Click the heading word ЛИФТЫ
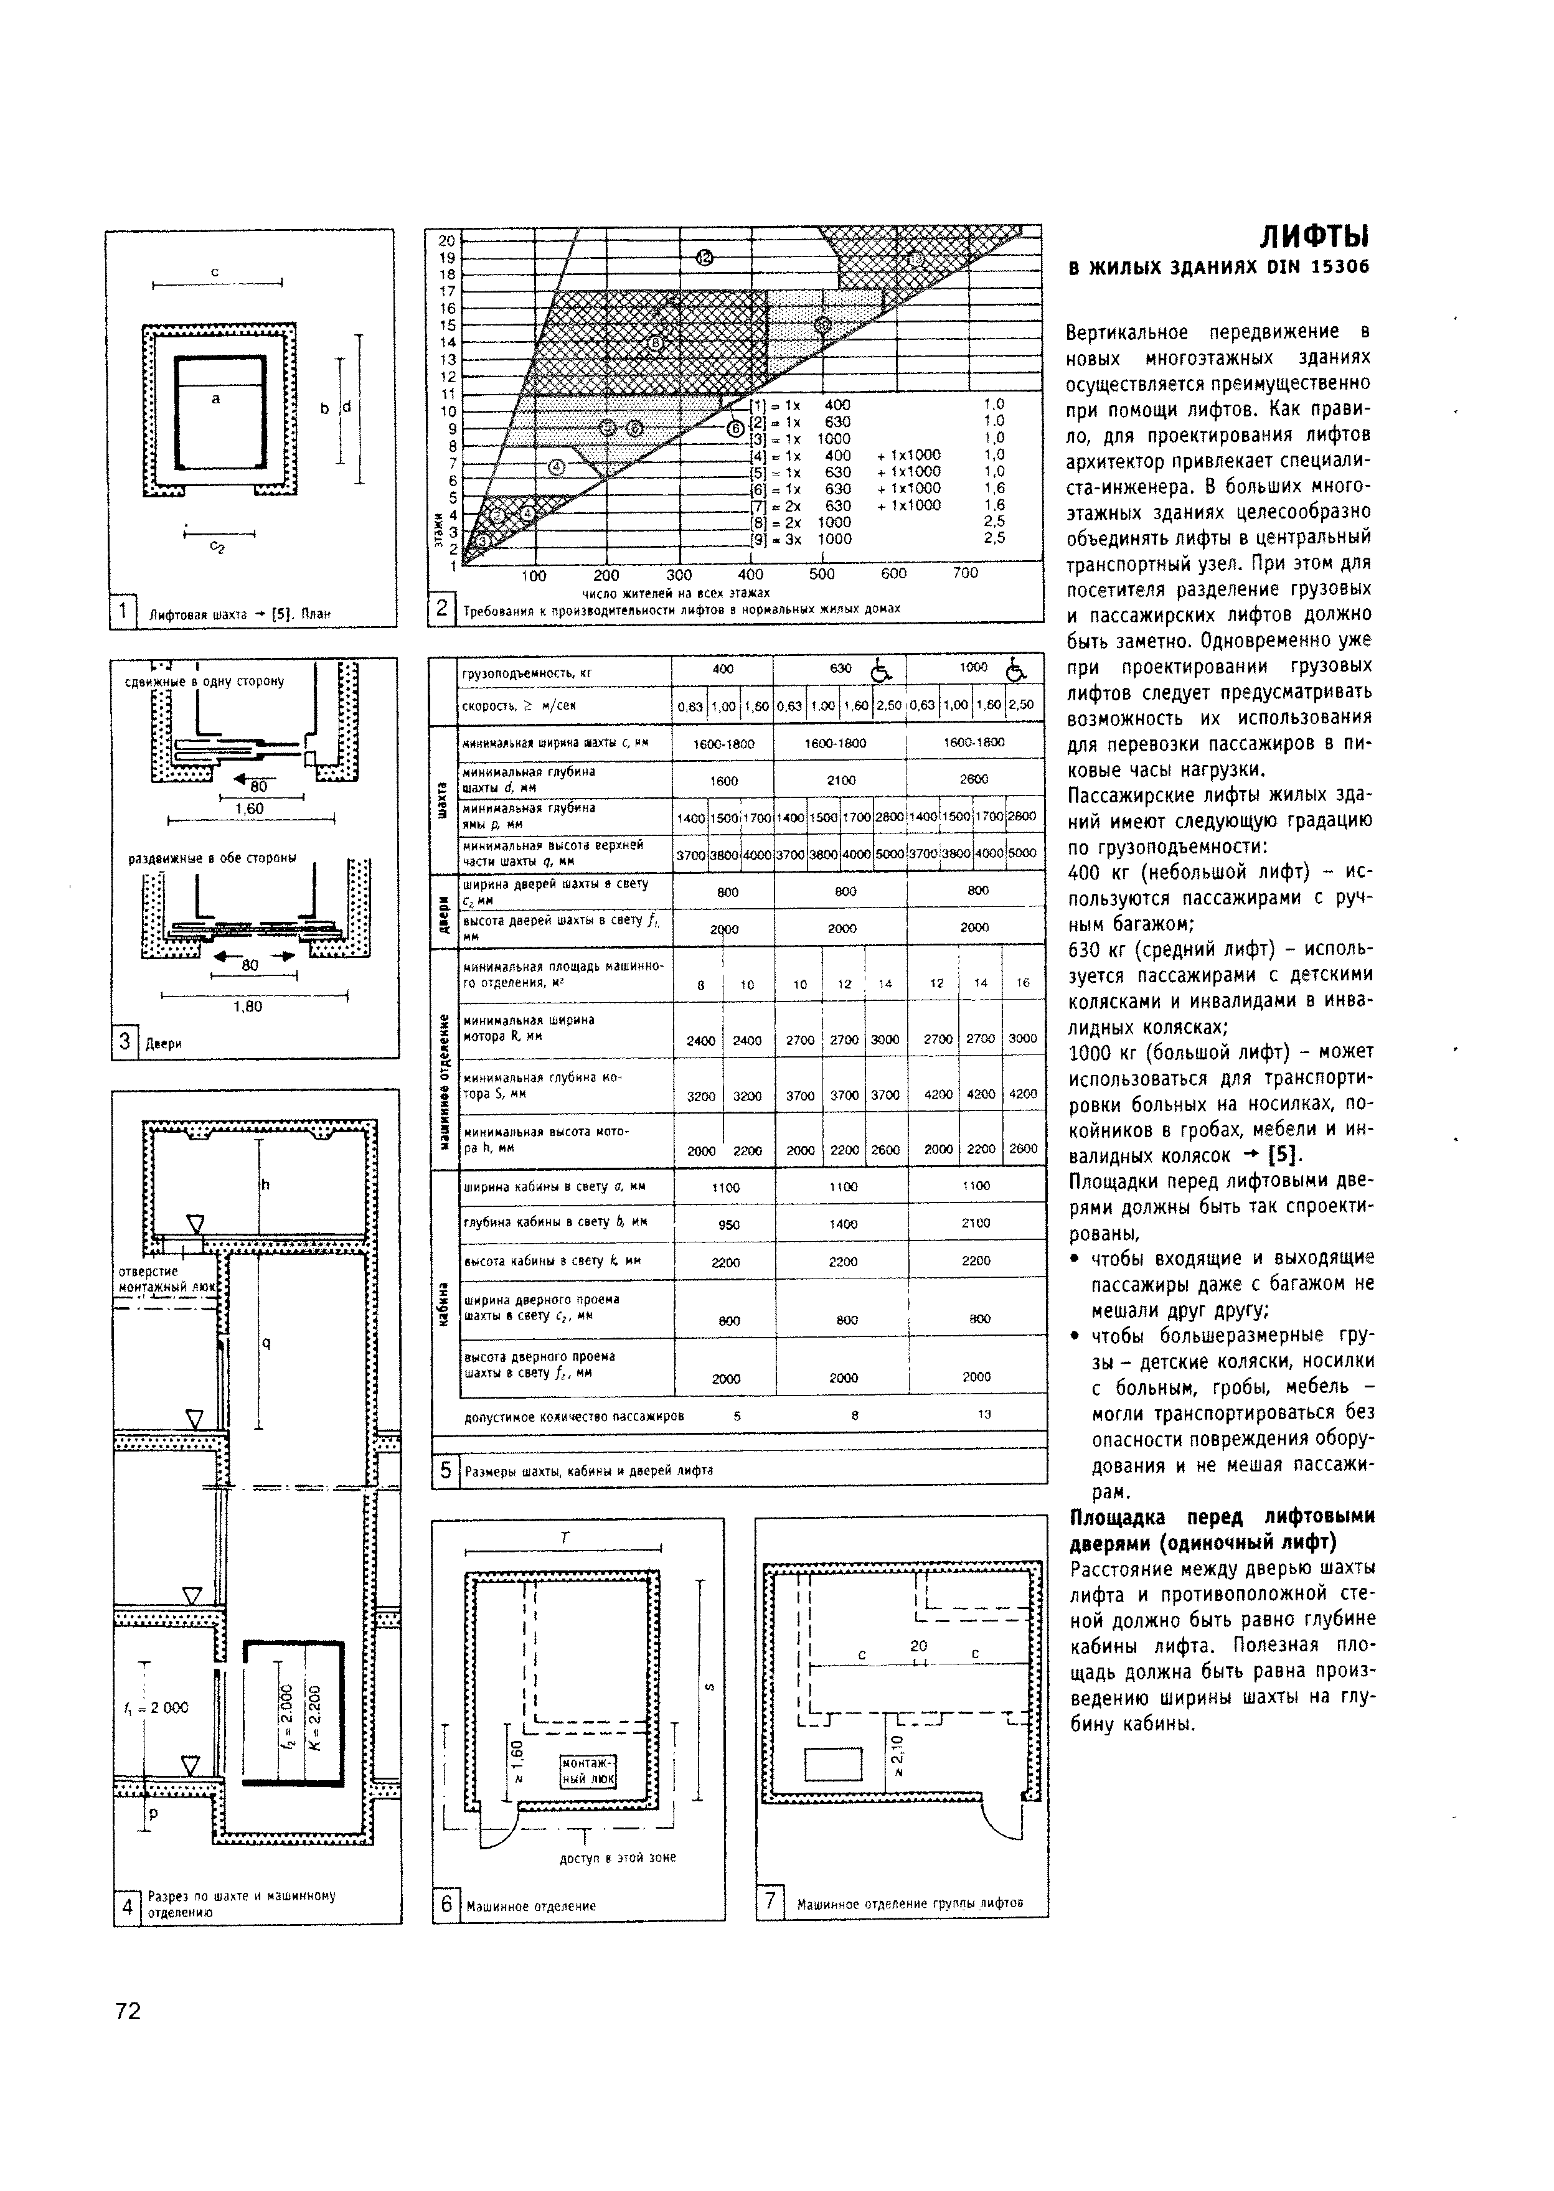(x=1314, y=237)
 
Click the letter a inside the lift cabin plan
(x=216, y=398)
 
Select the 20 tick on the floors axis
(x=446, y=240)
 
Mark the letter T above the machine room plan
(x=565, y=1537)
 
